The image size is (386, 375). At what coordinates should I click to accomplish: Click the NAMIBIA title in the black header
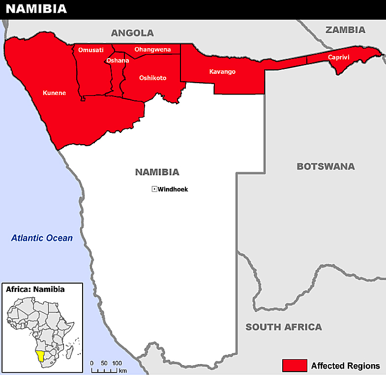tap(36, 9)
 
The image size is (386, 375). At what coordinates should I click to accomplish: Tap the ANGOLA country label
tap(132, 33)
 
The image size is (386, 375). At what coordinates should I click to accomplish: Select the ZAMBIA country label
tap(345, 30)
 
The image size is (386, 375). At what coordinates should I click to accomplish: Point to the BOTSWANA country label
tap(326, 166)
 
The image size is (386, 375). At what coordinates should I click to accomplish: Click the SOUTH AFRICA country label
tap(284, 327)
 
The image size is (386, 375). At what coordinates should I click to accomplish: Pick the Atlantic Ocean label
tap(42, 238)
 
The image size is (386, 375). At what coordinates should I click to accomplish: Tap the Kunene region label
tap(54, 93)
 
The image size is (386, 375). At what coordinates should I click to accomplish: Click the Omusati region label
tap(91, 49)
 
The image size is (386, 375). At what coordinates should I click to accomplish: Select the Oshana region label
tap(118, 61)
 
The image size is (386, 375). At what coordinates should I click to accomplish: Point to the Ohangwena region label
tap(152, 49)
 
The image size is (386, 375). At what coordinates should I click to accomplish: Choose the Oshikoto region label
tap(152, 78)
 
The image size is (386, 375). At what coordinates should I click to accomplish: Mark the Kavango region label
tap(222, 72)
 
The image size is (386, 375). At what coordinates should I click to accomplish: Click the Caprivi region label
tap(338, 58)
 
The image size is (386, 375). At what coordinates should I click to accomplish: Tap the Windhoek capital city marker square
tap(154, 189)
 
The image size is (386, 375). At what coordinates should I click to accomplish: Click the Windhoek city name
tap(173, 189)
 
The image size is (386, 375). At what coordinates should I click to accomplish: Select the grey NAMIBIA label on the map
tap(157, 172)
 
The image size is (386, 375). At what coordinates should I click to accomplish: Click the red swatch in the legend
tap(295, 366)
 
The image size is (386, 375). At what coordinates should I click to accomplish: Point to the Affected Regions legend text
tap(345, 366)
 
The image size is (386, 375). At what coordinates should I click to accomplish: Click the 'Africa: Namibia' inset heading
tap(35, 289)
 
